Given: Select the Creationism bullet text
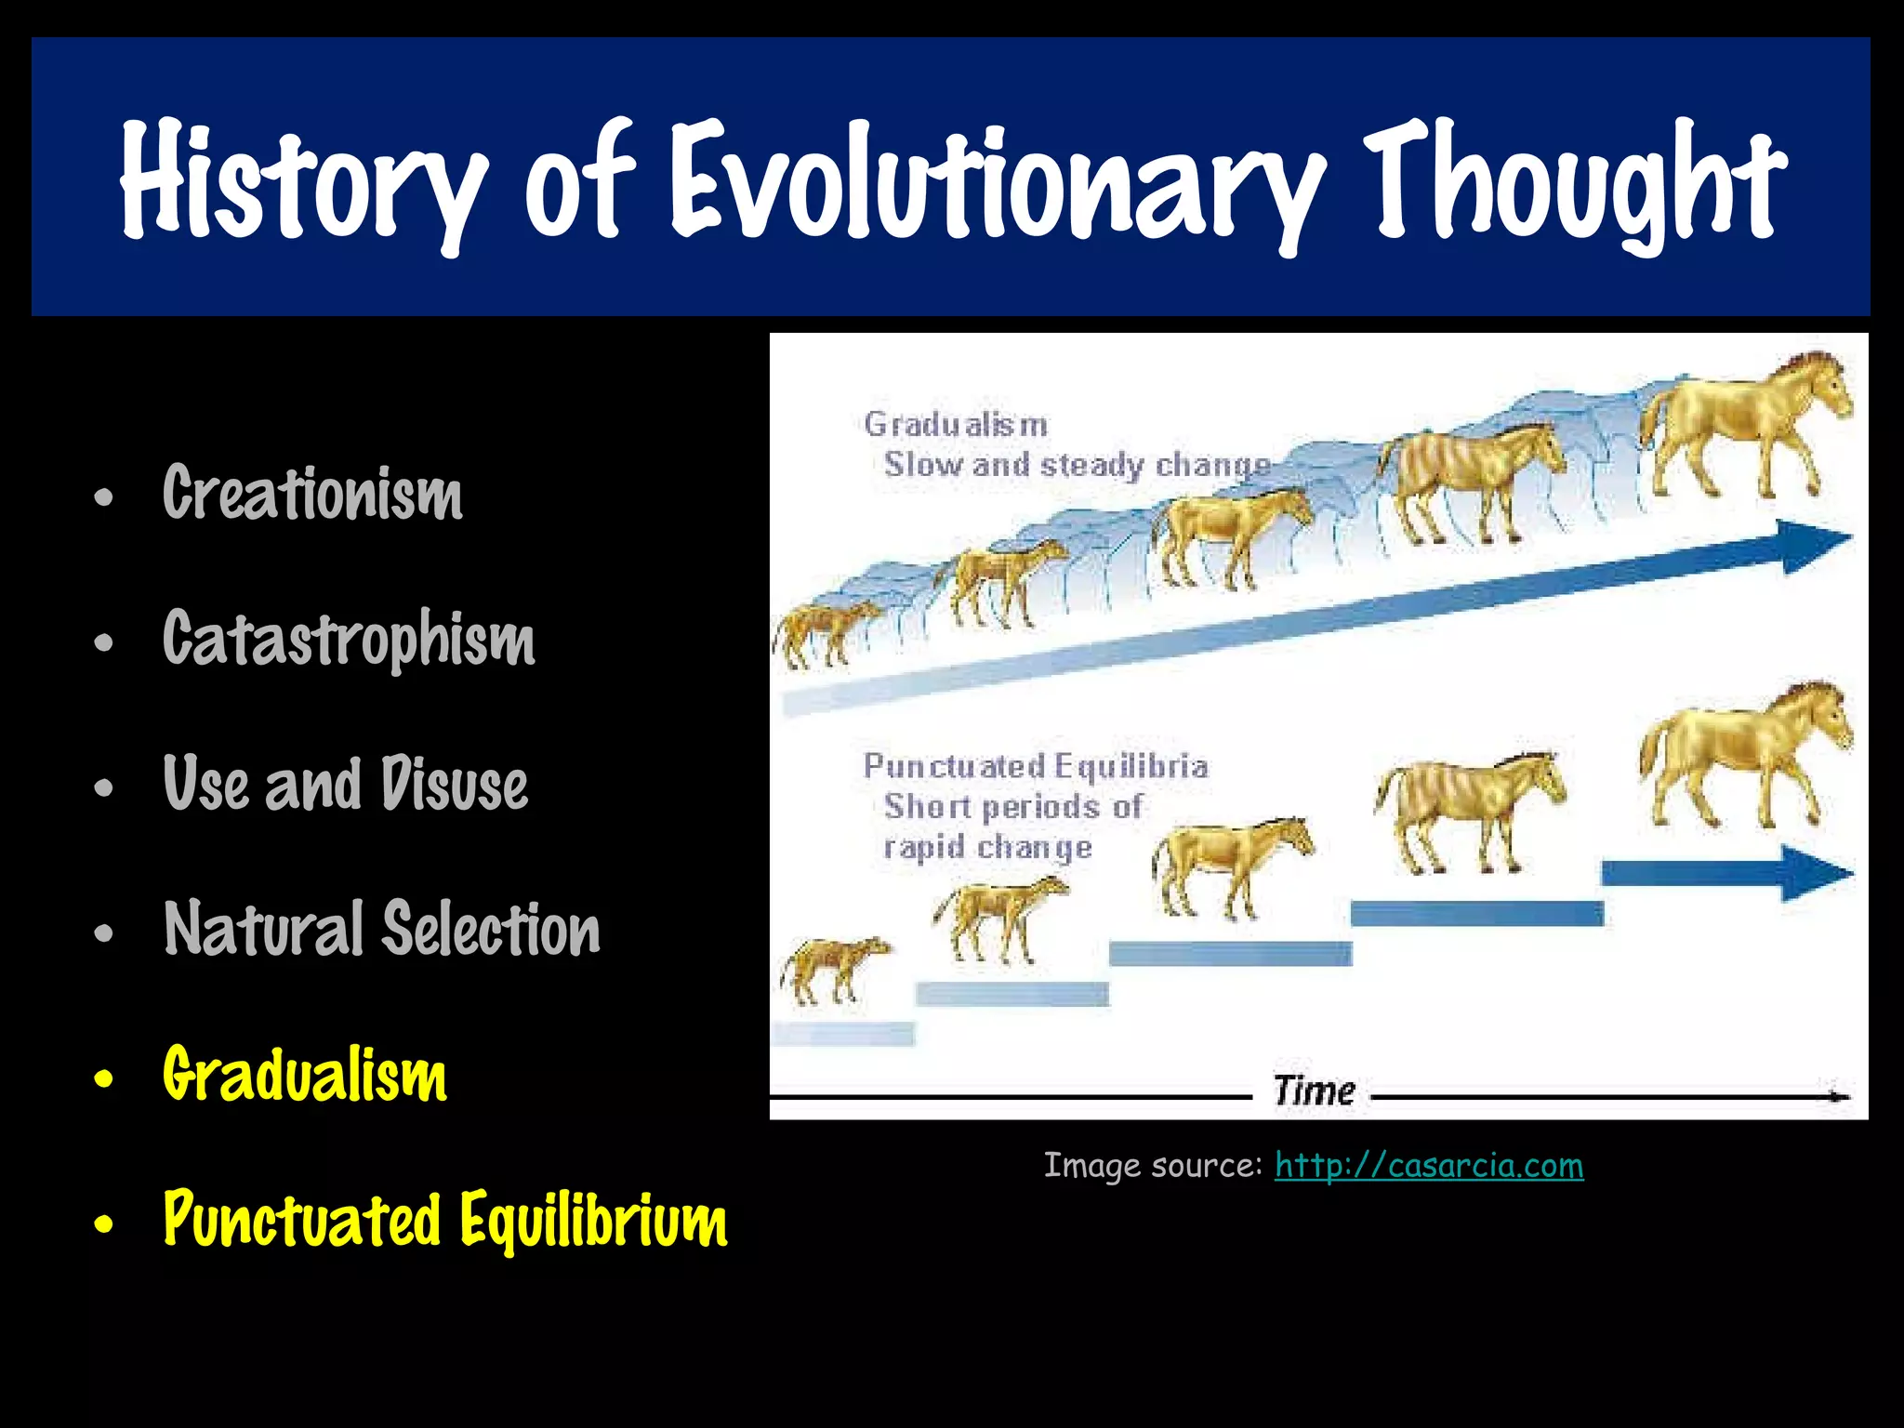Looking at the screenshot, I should (x=312, y=494).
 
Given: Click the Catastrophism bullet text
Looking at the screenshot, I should (x=349, y=640).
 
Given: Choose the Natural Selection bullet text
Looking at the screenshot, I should (x=382, y=929).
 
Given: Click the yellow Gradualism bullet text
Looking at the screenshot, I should (x=305, y=1075).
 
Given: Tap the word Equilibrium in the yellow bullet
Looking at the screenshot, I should (x=593, y=1220).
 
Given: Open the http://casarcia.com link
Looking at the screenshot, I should (x=1428, y=1165).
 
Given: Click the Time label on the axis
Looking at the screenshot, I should (x=1314, y=1091).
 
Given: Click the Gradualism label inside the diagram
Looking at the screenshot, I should (x=956, y=425).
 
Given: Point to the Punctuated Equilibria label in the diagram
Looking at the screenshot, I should (x=1036, y=766).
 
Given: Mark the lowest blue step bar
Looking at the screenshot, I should (x=842, y=1033).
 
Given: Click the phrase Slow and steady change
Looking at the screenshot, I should (x=1077, y=465).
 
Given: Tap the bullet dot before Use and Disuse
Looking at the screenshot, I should (x=104, y=787).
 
